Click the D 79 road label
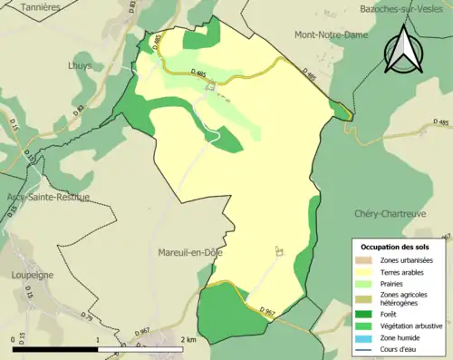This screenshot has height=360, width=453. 88,317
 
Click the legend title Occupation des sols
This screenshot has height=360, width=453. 395,247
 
